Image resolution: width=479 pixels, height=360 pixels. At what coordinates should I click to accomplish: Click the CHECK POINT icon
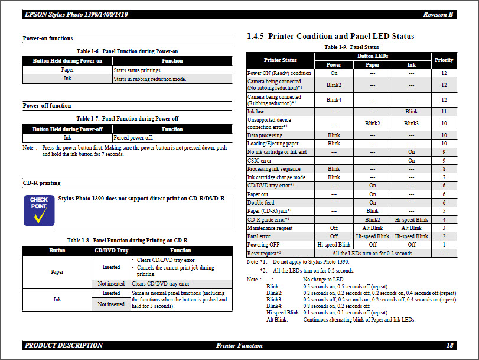tap(39, 211)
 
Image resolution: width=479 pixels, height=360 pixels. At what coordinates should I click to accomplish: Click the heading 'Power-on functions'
tap(48, 38)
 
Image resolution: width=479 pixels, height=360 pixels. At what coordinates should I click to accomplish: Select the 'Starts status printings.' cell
tap(137, 70)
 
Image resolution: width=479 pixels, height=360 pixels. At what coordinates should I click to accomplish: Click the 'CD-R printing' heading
tap(41, 183)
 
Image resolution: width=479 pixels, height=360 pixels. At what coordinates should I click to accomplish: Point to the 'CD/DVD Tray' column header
tap(112, 251)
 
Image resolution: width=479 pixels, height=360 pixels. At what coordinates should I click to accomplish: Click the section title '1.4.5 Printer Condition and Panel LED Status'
tap(330, 37)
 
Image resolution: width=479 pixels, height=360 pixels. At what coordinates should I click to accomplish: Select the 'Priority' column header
tap(444, 60)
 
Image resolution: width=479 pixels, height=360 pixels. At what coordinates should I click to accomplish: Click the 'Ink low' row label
tap(256, 111)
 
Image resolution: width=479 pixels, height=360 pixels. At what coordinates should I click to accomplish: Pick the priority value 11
tap(444, 111)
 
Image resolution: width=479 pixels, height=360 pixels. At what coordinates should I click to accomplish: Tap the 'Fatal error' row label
tap(259, 236)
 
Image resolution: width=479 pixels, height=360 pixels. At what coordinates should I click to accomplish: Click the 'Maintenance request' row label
tap(269, 228)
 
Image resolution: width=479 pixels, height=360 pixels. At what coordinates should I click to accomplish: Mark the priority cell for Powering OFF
tap(444, 244)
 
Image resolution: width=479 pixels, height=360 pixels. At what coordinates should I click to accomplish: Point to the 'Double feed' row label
tap(260, 203)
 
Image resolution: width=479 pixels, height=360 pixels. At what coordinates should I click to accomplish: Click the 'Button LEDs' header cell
tap(372, 56)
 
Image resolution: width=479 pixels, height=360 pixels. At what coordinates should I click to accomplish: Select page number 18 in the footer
tap(449, 345)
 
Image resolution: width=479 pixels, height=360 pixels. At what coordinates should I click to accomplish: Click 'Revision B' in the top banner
tap(438, 14)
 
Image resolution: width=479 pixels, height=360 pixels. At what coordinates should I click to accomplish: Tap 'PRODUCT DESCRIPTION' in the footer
tap(64, 345)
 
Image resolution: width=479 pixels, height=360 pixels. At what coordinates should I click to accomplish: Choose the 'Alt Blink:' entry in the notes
tap(277, 319)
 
